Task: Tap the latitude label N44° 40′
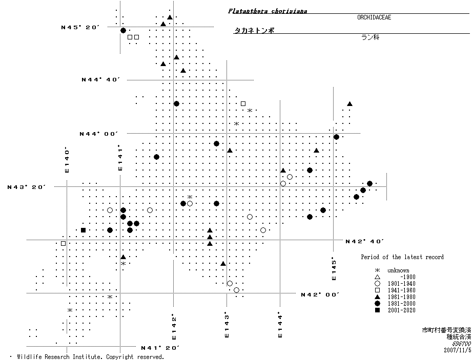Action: (x=100, y=79)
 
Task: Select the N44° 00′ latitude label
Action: (x=98, y=134)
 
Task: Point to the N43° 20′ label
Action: (x=27, y=187)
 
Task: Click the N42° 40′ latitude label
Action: (x=364, y=241)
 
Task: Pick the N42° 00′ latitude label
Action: (x=320, y=294)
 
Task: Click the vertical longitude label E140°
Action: (x=67, y=160)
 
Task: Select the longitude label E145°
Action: (x=334, y=268)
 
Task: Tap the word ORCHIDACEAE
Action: (x=378, y=17)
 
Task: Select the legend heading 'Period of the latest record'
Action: (x=402, y=257)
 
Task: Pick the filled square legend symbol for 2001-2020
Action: (x=377, y=310)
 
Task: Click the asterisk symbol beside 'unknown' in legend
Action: (x=377, y=270)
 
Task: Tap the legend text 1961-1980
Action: (x=402, y=297)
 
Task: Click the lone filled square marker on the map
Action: (x=83, y=230)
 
